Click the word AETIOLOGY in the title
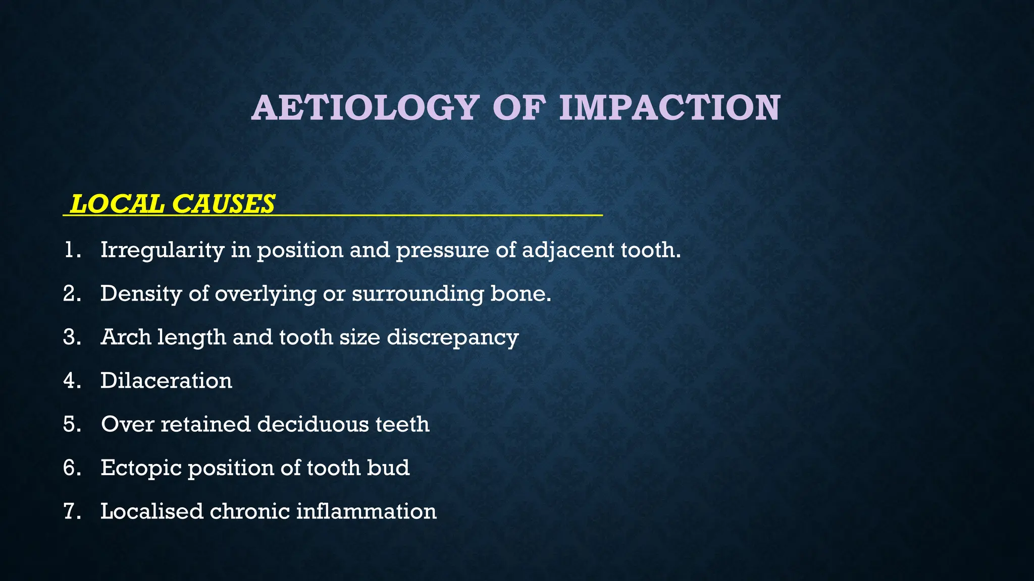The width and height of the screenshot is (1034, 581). click(x=365, y=108)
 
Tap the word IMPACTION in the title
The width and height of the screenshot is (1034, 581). click(x=669, y=108)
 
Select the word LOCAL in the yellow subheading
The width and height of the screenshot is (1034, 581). click(x=117, y=204)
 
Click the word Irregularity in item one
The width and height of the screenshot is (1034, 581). click(x=162, y=250)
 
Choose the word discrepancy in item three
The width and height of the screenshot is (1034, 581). click(x=452, y=337)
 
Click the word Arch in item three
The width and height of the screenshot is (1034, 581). click(x=126, y=337)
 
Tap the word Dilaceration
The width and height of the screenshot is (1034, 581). click(x=166, y=381)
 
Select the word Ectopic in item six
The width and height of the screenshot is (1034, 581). click(x=141, y=468)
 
